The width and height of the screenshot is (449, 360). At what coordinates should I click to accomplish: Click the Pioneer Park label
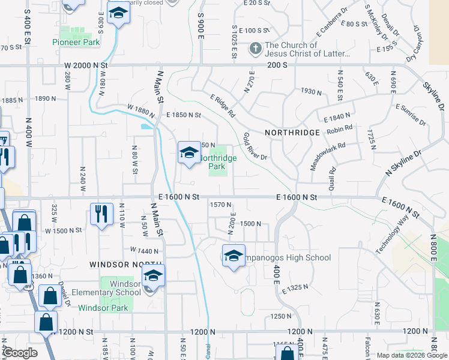[76, 42]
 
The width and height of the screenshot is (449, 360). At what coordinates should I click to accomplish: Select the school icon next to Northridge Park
[189, 154]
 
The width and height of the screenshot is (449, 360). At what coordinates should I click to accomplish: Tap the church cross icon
[255, 49]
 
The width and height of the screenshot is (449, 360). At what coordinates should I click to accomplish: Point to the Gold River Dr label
[255, 147]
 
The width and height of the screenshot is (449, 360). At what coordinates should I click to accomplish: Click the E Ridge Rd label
[223, 106]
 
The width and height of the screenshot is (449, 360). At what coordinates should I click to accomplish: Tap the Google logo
[19, 353]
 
